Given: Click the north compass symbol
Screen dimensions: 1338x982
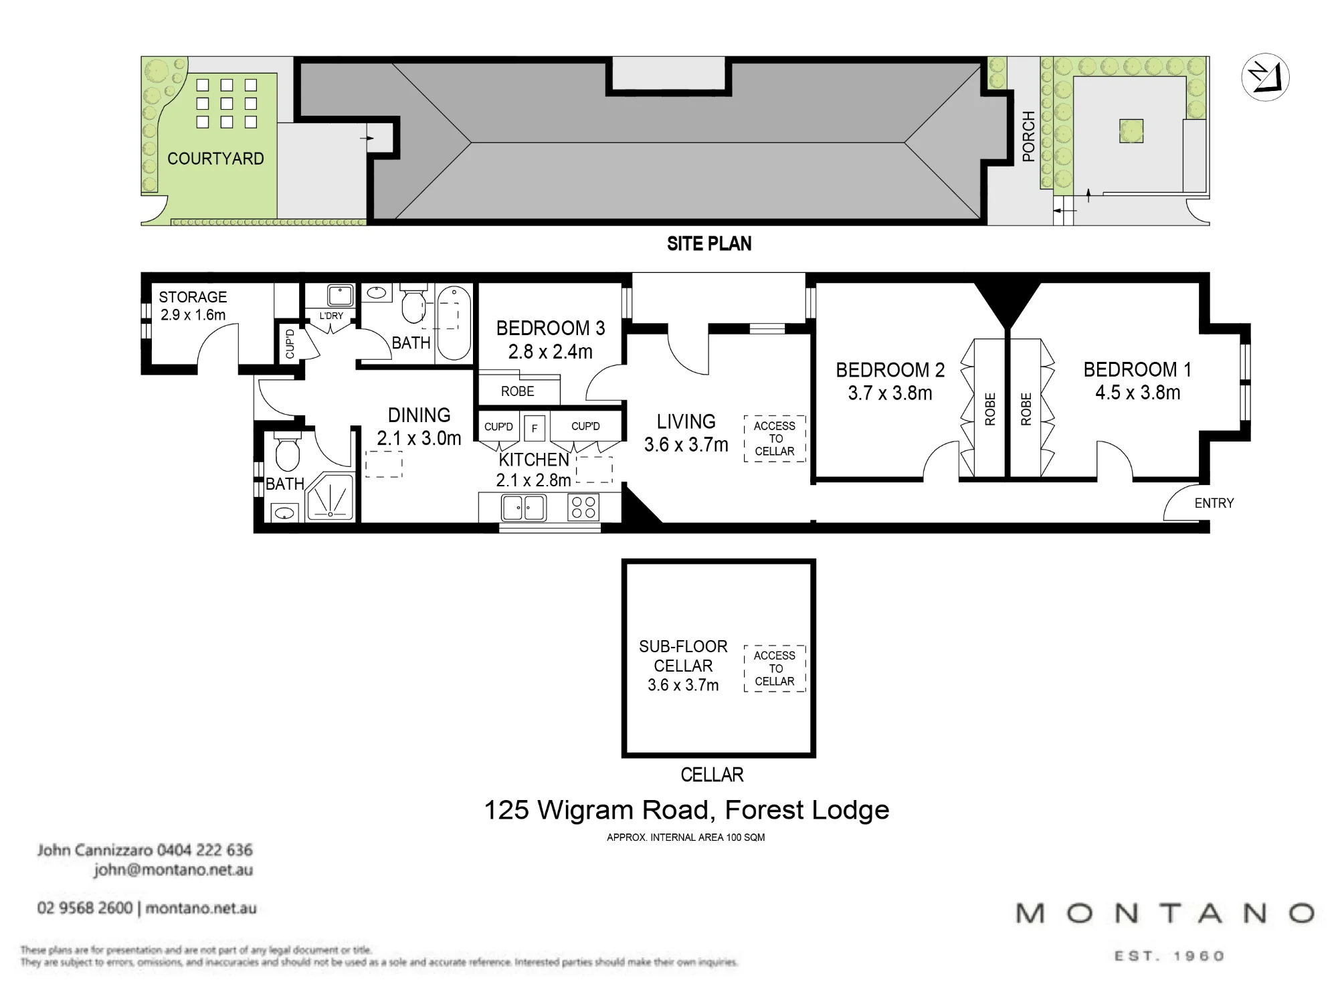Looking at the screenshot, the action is [1265, 78].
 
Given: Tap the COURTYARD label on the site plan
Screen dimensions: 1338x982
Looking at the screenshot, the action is [215, 159].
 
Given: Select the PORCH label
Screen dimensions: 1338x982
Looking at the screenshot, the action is [1029, 136].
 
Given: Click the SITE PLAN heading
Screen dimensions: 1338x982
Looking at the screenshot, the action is [709, 243].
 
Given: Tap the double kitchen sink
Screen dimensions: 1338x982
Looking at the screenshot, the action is [524, 508].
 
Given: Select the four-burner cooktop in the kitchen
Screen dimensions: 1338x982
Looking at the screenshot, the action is [584, 508].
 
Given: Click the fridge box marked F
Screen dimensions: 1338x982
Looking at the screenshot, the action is [535, 428].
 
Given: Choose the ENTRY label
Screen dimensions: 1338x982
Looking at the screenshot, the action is [1214, 503].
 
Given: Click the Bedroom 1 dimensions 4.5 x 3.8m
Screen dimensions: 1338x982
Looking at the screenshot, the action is [1137, 393].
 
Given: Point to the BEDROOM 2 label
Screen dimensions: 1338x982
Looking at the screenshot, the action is [890, 370].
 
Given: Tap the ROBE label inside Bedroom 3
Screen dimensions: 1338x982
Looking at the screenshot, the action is [518, 391].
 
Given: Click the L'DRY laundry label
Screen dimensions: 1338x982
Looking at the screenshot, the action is [331, 316].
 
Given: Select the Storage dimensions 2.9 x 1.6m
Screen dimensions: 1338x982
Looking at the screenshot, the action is [193, 314].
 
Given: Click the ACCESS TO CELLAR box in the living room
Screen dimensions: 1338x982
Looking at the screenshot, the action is [775, 439].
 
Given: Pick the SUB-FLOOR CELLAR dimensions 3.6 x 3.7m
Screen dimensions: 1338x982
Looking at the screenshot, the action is [683, 685].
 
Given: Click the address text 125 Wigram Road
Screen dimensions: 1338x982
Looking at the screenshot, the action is [595, 810].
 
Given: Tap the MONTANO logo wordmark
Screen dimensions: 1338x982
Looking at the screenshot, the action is [1165, 913].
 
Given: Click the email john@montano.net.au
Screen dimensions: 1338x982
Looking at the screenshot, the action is [173, 870].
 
